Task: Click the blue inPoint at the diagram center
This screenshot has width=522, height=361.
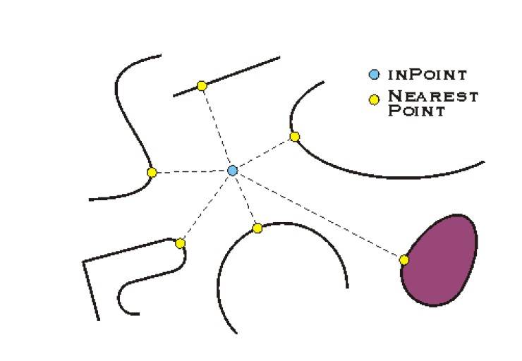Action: click(x=232, y=171)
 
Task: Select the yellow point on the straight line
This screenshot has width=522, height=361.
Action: click(x=202, y=86)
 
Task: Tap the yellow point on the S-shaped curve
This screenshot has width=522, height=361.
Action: click(x=152, y=172)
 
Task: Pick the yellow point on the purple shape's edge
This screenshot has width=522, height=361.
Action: click(x=403, y=259)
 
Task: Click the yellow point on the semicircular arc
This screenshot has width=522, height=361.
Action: click(x=257, y=228)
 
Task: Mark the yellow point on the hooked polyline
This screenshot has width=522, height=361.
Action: click(x=180, y=243)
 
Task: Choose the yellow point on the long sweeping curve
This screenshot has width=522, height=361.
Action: click(x=294, y=136)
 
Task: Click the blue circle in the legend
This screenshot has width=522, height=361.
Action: click(x=374, y=75)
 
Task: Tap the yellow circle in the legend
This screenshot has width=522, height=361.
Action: click(x=374, y=99)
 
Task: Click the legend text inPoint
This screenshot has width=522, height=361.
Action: click(x=427, y=75)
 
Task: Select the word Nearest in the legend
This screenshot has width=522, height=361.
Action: click(x=433, y=96)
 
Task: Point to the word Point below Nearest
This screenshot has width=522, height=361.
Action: click(x=416, y=110)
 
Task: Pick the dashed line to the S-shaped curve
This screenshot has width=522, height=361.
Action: click(x=192, y=171)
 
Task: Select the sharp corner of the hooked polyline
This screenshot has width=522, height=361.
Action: click(x=83, y=262)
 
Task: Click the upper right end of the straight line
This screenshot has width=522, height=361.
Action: click(x=279, y=58)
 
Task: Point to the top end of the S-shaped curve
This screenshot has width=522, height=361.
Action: click(x=161, y=55)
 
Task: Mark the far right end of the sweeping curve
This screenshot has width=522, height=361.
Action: click(x=484, y=162)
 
